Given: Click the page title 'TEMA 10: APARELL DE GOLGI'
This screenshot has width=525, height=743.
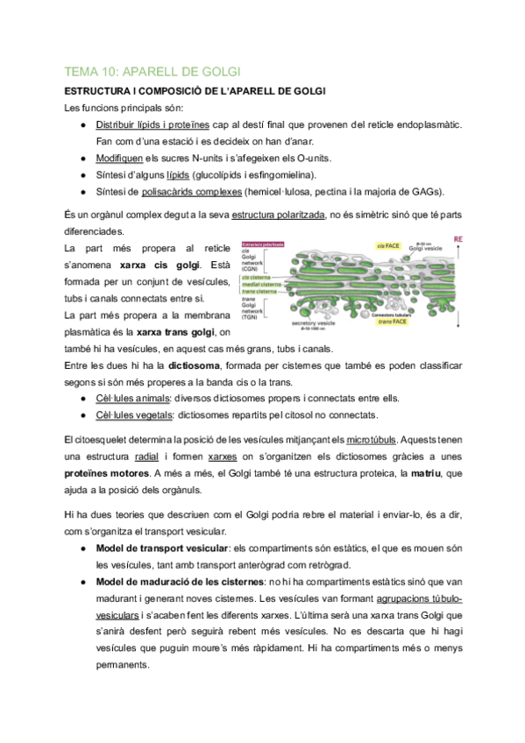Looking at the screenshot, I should [153, 71].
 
